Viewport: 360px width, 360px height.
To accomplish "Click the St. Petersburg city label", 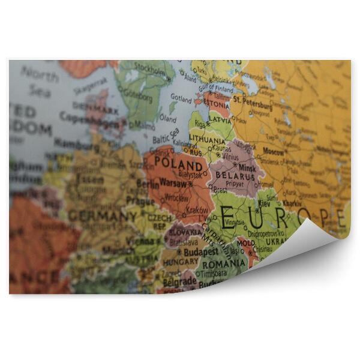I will coord(253,103).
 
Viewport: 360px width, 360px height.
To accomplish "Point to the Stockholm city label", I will coord(151,66).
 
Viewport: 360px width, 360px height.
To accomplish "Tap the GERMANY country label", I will coord(102,215).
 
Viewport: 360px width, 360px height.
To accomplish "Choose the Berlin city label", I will coord(147,184).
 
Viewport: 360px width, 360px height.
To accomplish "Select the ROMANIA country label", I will coord(223,263).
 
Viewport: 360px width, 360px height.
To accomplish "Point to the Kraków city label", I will coord(197,211).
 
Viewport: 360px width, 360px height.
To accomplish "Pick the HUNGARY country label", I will coord(180,262).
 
